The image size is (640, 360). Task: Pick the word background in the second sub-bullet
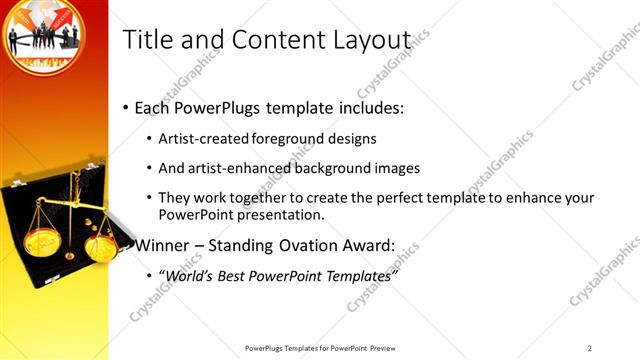coord(333,168)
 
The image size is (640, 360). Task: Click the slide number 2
coord(589,348)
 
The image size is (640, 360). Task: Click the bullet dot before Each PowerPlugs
coord(126,108)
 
